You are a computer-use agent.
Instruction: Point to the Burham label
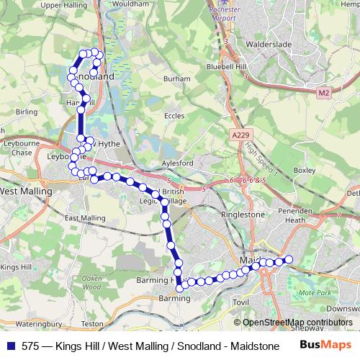[x=177, y=78]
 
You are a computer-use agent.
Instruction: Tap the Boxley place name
[x=305, y=170]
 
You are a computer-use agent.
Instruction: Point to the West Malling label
[x=26, y=192]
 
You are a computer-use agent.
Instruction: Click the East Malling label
[x=85, y=217]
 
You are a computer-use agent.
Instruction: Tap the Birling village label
[x=26, y=112]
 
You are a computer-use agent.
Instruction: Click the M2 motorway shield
[x=323, y=93]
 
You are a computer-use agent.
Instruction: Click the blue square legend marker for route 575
[x=12, y=346]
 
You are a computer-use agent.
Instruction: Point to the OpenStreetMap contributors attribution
[x=297, y=323]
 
